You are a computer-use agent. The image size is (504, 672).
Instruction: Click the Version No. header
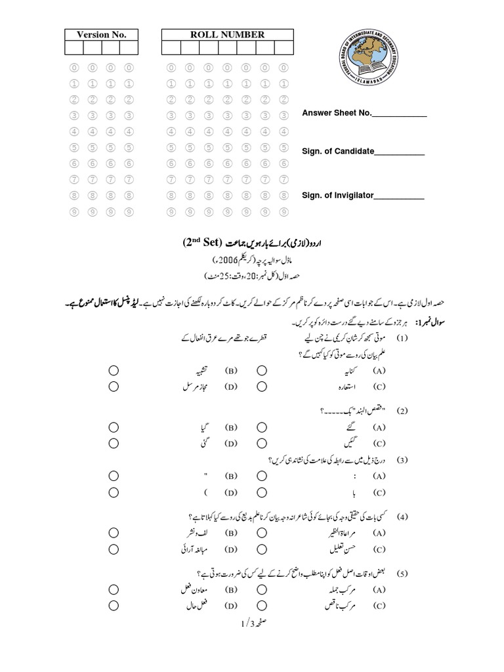coord(101,35)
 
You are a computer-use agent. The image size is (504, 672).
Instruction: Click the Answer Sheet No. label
coord(337,114)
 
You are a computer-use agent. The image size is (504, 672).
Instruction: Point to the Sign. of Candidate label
coord(337,152)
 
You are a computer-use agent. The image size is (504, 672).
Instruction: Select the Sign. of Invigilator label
coord(337,195)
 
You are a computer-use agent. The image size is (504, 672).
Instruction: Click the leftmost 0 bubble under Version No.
coord(74,67)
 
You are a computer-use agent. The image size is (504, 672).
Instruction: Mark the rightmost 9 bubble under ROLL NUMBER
coord(283,212)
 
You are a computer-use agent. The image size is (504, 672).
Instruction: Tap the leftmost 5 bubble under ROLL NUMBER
coord(171,148)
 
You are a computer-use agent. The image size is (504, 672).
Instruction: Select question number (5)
coord(402,573)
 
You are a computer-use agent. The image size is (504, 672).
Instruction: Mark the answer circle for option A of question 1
coord(262,370)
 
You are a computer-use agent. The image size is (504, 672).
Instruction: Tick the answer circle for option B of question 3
coord(114,475)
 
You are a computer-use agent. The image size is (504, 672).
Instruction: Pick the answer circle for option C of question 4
coord(262,549)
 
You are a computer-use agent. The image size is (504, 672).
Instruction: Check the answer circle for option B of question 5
coord(114,589)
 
